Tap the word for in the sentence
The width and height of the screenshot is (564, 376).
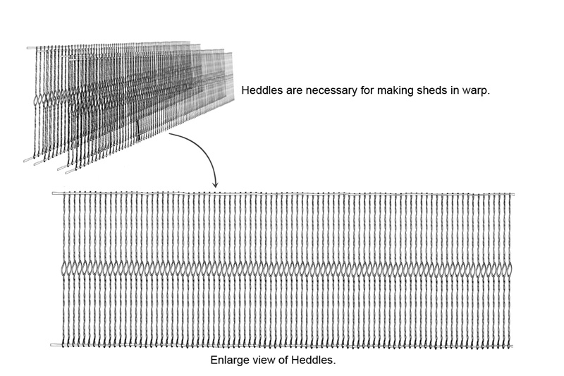point(368,92)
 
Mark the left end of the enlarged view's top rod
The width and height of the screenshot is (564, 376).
point(54,193)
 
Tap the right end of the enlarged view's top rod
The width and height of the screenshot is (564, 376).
point(513,194)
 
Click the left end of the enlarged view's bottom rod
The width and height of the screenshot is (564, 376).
point(54,345)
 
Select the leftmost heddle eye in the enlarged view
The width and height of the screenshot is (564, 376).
point(66,269)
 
